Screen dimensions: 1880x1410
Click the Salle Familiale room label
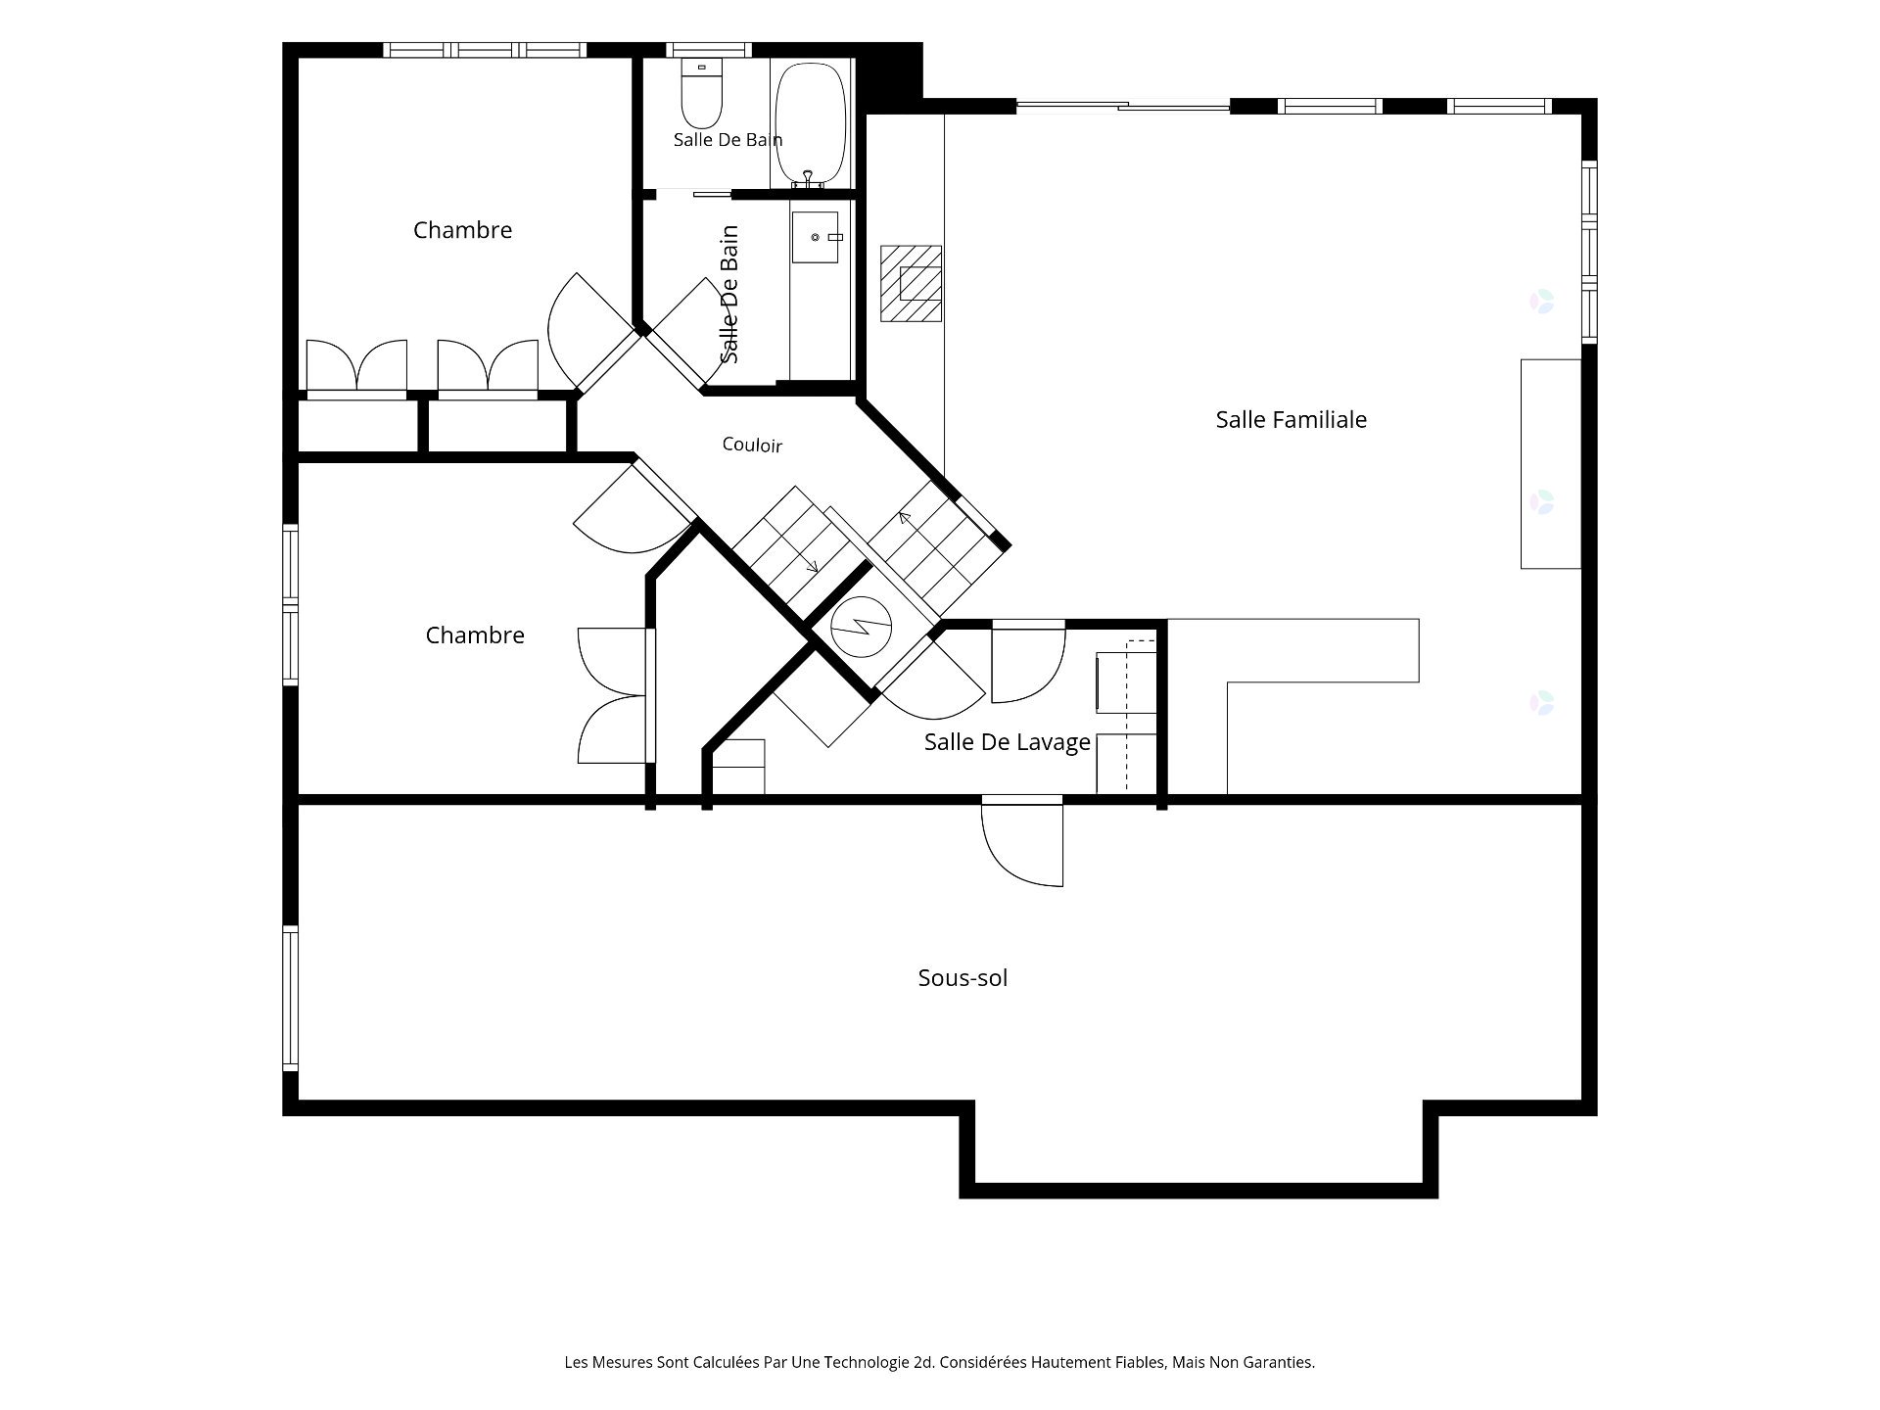[x=1291, y=419]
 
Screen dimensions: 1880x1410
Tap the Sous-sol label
[x=963, y=977]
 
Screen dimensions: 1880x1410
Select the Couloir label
[x=752, y=445]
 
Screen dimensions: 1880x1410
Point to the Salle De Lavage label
[x=1007, y=742]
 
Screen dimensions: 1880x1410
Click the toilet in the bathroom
[x=701, y=90]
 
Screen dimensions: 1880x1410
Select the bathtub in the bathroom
[x=811, y=124]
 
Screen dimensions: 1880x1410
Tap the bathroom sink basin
[x=816, y=237]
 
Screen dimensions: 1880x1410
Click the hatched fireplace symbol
[x=911, y=284]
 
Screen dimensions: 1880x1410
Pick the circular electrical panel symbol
[x=861, y=627]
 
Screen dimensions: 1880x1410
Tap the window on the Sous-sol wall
[x=290, y=999]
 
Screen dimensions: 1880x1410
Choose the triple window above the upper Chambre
[x=485, y=50]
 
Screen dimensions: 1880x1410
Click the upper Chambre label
[x=462, y=230]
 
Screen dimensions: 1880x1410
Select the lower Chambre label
[x=475, y=635]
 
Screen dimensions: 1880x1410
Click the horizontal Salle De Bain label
[x=728, y=140]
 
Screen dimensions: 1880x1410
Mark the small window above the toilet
[x=709, y=50]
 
